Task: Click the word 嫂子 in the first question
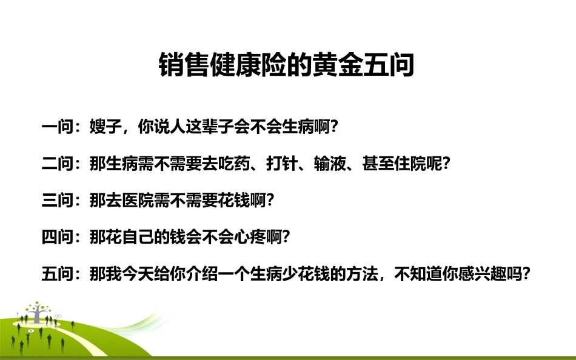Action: [104, 128]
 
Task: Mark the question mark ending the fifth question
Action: [527, 273]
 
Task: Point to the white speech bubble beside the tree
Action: [59, 316]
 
